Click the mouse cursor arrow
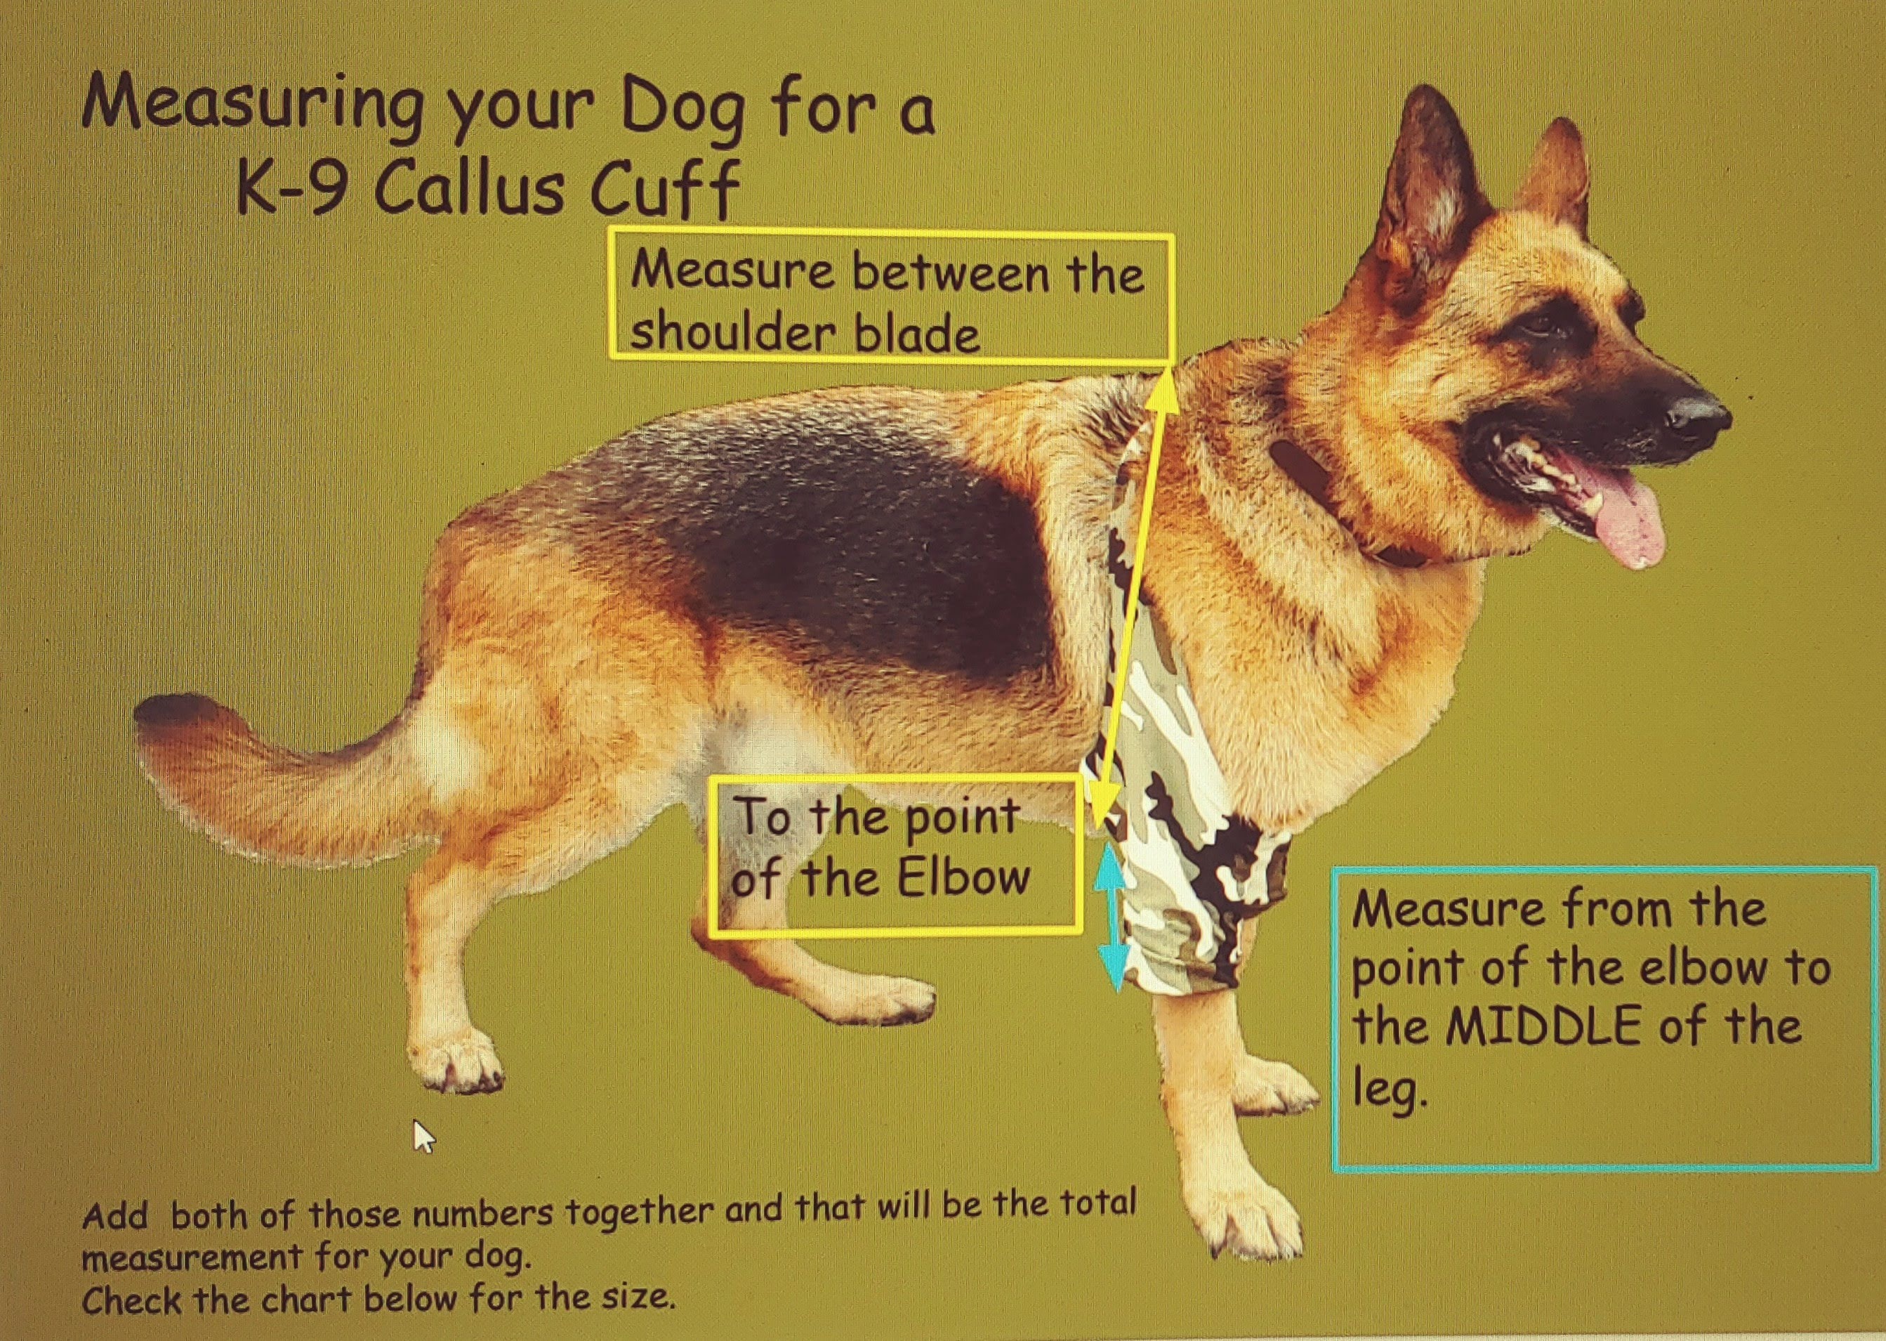423,1136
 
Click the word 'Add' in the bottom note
116,1217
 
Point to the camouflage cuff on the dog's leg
1189,825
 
